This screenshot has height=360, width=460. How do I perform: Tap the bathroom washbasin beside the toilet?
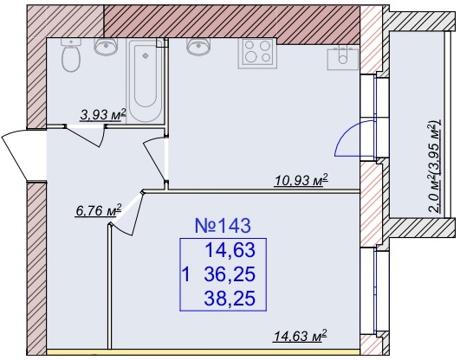(x=106, y=47)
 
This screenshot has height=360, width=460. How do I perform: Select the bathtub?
(x=145, y=80)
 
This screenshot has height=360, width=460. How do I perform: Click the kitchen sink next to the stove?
(x=199, y=47)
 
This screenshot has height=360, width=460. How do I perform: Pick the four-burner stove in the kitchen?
(x=257, y=54)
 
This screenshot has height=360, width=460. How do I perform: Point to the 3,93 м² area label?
(x=103, y=114)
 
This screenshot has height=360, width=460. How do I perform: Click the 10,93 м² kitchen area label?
(x=301, y=180)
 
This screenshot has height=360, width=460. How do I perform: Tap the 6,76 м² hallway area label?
(x=98, y=210)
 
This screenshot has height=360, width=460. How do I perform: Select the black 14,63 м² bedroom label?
(x=300, y=336)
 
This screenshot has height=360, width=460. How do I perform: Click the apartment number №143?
(x=223, y=226)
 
